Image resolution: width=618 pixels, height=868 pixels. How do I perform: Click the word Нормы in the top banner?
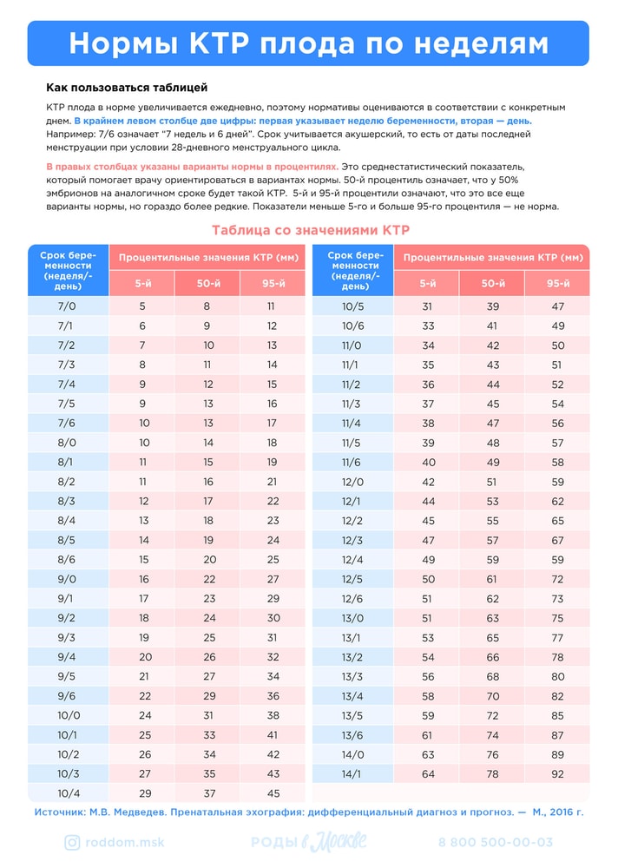[121, 43]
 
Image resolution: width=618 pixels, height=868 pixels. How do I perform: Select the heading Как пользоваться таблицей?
[127, 88]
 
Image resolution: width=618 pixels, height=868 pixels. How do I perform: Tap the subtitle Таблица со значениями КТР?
[309, 230]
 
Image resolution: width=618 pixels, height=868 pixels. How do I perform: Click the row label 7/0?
[67, 306]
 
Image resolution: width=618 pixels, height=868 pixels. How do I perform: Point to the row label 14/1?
[352, 773]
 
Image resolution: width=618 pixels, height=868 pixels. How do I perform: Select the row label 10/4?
[67, 793]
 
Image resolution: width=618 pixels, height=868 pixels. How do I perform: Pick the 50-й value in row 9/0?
[207, 579]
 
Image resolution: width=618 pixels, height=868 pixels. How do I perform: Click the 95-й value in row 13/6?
[557, 734]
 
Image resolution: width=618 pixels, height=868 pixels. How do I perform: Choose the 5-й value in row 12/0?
[427, 482]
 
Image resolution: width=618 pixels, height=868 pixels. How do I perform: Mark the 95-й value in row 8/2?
[273, 482]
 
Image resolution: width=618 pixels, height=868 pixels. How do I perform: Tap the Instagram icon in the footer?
[73, 842]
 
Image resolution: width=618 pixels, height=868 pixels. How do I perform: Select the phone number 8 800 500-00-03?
[496, 842]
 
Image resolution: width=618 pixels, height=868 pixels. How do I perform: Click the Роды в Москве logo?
[308, 842]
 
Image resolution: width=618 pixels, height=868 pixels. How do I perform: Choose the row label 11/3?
[352, 404]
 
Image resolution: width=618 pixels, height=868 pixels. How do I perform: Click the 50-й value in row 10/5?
[492, 306]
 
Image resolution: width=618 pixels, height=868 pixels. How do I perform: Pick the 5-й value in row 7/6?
[144, 424]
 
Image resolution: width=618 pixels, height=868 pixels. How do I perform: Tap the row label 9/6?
[67, 696]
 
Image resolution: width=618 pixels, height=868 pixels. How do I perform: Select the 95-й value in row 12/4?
[557, 560]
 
